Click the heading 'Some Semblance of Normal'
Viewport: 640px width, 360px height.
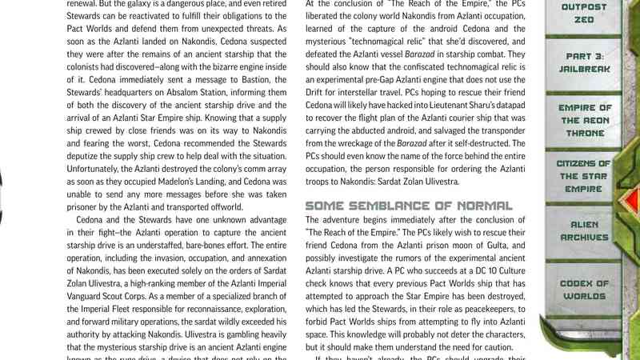pyautogui.click(x=409, y=206)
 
